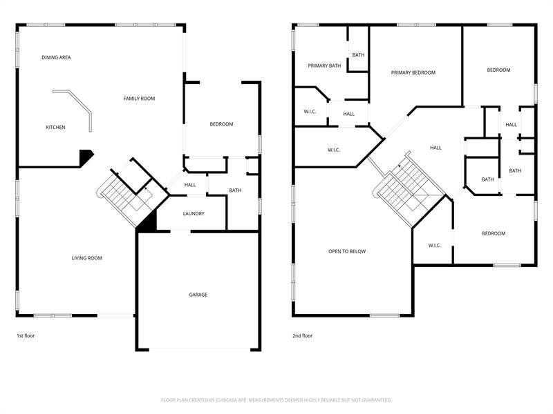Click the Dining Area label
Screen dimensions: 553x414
click(56, 57)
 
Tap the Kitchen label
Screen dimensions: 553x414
click(56, 128)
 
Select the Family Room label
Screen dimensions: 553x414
click(140, 99)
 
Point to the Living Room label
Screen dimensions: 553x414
click(87, 258)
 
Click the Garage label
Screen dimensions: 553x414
click(198, 295)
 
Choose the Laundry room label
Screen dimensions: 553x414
click(194, 214)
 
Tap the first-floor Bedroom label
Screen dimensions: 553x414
click(221, 124)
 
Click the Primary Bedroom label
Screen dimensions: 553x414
click(413, 72)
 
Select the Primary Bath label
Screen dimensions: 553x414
click(324, 66)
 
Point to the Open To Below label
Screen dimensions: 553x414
click(347, 251)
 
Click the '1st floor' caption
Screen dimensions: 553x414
click(26, 336)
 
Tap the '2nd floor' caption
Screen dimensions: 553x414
click(303, 336)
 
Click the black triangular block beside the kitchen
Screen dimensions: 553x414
click(86, 157)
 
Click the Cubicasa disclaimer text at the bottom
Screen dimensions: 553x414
click(276, 400)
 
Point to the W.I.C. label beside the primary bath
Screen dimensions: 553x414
click(310, 112)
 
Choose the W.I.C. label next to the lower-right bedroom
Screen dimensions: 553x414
click(435, 246)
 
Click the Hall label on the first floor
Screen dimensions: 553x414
click(190, 185)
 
